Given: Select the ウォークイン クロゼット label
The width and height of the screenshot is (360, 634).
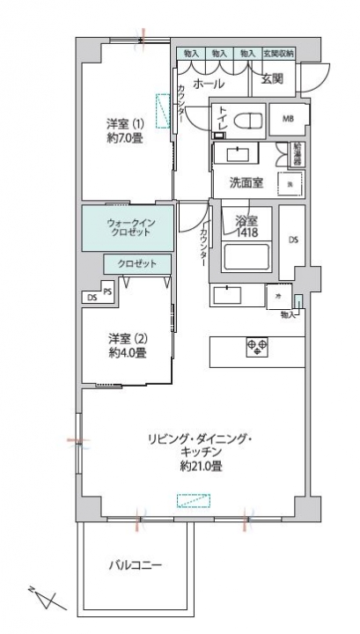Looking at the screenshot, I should (129, 227).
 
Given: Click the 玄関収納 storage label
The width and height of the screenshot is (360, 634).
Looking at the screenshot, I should (279, 54).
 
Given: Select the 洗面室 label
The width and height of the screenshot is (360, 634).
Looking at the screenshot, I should (246, 182).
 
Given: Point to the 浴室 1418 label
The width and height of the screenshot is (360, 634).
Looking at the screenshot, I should (246, 226).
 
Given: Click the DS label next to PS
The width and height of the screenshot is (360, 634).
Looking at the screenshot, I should (92, 299).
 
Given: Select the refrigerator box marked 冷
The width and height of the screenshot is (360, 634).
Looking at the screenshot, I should (278, 297).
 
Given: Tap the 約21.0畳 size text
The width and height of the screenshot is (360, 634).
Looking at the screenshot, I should (200, 467).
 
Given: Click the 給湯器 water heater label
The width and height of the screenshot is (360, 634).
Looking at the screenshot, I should (298, 153).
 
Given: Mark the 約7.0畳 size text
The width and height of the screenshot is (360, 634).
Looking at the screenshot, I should (124, 138).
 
